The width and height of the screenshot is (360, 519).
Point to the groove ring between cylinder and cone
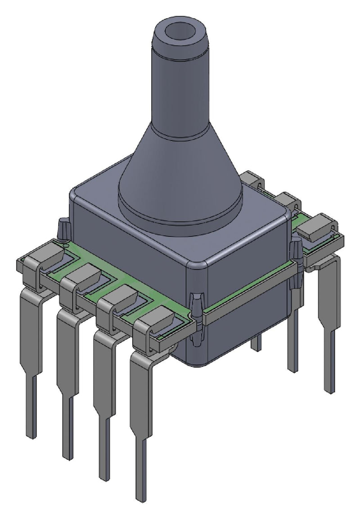[179, 131]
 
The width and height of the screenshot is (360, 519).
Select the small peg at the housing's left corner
[63, 227]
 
